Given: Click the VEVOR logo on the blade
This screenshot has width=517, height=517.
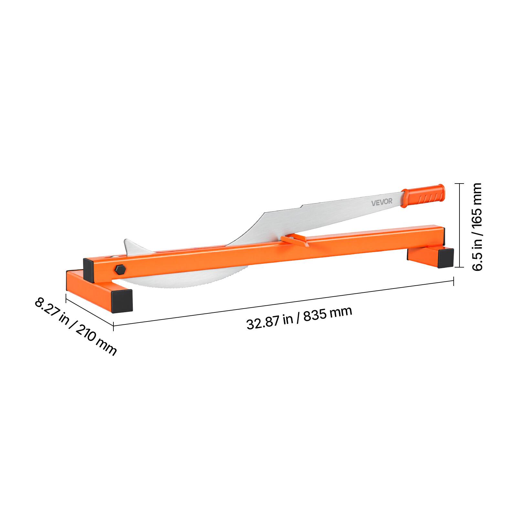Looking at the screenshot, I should tap(382, 202).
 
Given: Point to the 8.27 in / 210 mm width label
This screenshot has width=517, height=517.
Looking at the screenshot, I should tap(75, 326).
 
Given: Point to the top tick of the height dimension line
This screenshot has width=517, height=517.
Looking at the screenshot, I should tap(459, 183).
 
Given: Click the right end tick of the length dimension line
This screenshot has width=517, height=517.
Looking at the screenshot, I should tap(454, 281).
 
